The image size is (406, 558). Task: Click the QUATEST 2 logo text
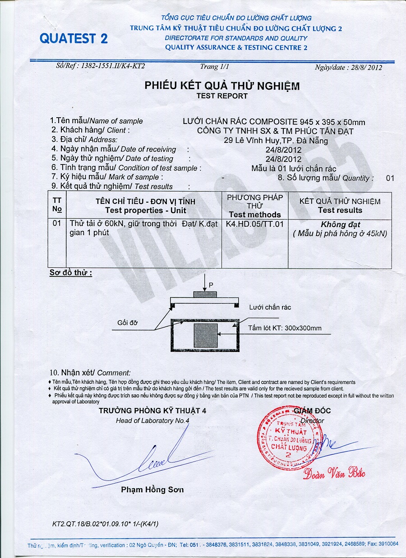(74, 38)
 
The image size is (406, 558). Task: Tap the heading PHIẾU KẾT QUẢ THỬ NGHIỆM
(222, 86)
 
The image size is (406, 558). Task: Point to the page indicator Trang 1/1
(215, 67)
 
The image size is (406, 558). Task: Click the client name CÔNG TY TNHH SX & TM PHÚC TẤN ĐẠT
(275, 131)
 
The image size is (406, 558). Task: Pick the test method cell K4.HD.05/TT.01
(255, 224)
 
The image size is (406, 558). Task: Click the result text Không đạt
(340, 224)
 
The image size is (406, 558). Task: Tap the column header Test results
(340, 210)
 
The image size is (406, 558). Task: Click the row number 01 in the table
(57, 224)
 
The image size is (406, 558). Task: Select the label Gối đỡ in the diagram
(127, 323)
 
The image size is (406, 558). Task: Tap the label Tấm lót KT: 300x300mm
(285, 328)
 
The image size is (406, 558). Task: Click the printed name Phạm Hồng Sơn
(152, 489)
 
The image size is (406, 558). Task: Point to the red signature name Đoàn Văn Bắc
(334, 473)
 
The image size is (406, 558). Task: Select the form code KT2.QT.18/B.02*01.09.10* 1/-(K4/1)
(106, 524)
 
